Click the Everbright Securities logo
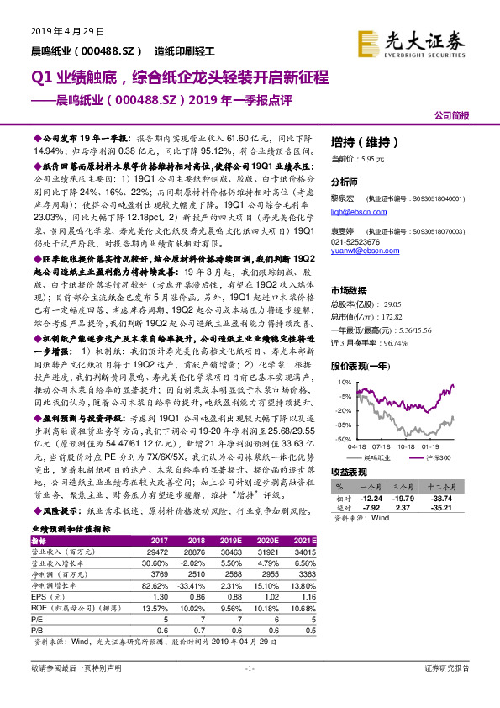point(411,41)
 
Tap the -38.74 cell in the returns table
point(450,499)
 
